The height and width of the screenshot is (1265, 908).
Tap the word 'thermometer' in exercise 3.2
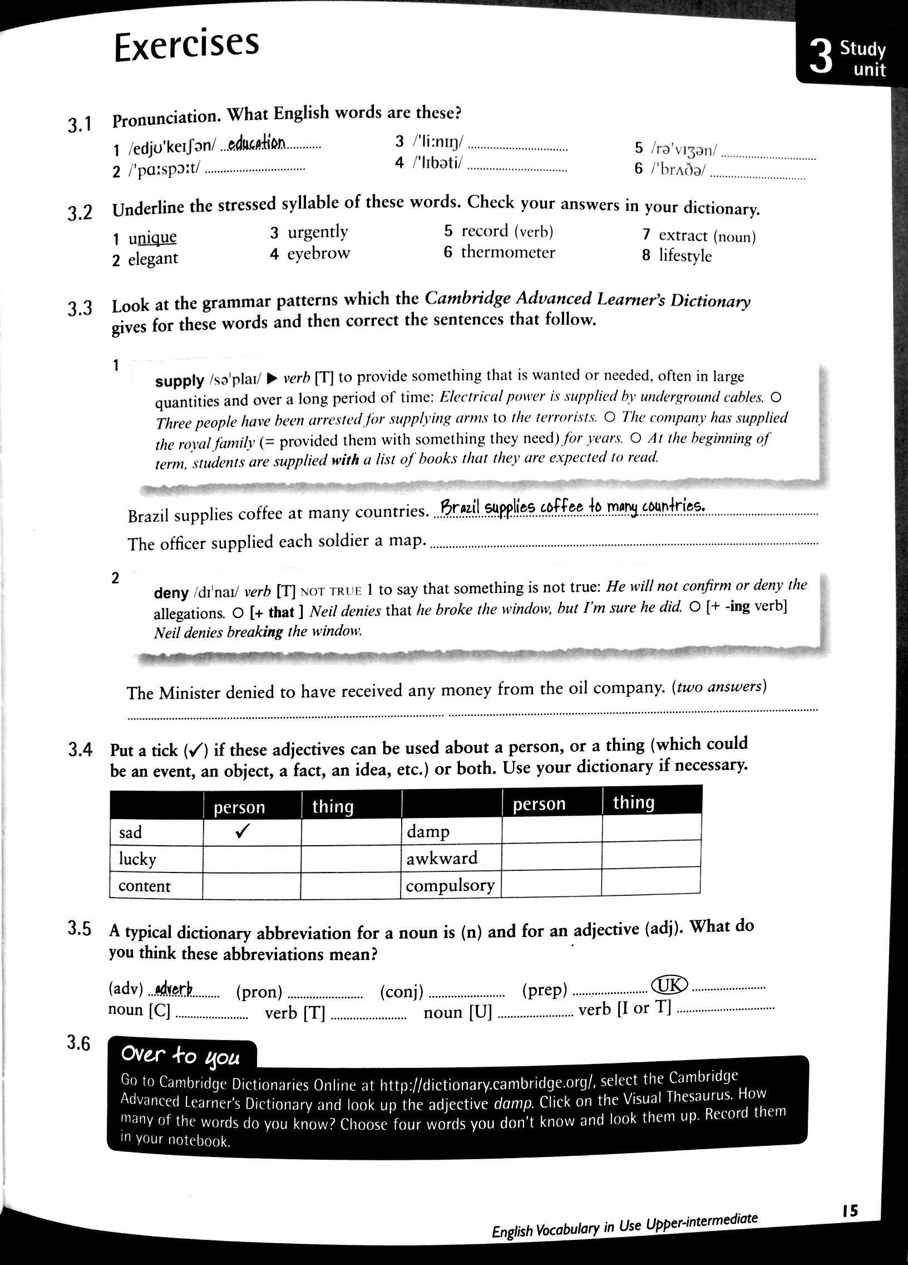click(x=508, y=253)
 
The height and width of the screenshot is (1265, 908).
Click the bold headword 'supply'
click(x=179, y=381)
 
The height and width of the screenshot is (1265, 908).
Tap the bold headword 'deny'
click(x=171, y=593)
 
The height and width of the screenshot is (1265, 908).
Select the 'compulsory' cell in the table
click(x=450, y=885)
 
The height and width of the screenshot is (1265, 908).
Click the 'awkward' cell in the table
click(x=441, y=858)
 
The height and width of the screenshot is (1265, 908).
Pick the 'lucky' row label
click(x=137, y=859)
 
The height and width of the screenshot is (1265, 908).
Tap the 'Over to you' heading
click(x=180, y=1056)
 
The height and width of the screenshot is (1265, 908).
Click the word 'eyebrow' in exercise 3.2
click(x=318, y=254)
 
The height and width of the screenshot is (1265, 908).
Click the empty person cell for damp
click(x=551, y=831)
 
